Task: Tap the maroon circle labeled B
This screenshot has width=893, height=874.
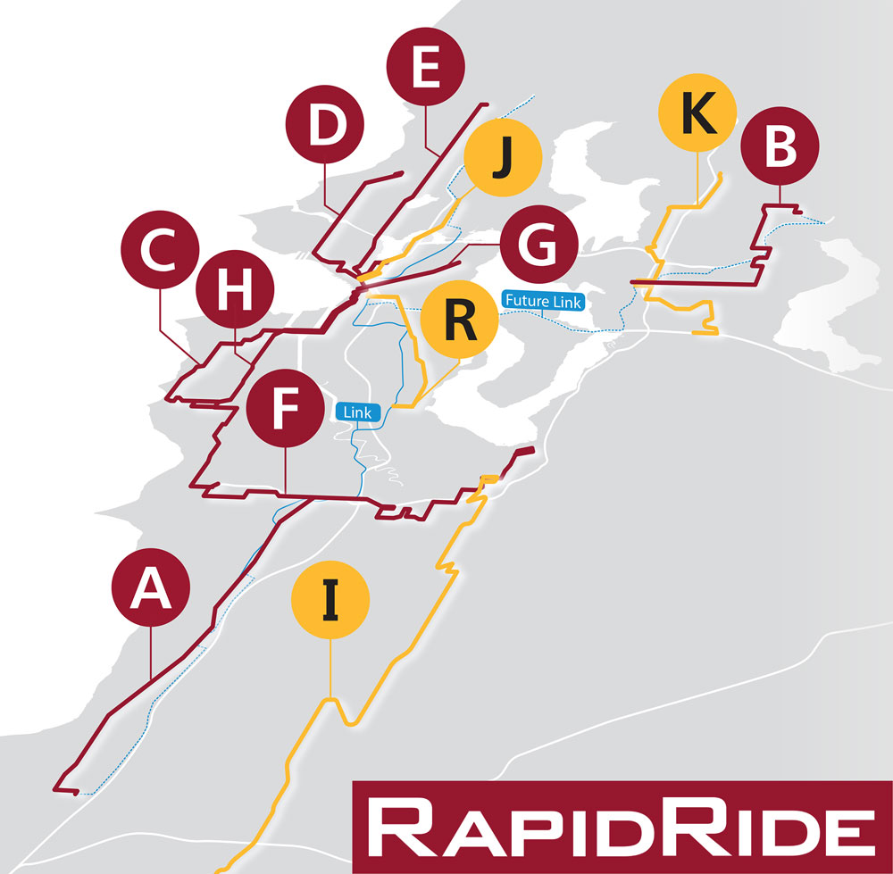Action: coord(780,148)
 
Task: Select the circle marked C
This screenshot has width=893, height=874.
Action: coord(162,252)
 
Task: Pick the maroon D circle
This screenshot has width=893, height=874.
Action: coord(326,129)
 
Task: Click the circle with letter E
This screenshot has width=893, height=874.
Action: coord(426,71)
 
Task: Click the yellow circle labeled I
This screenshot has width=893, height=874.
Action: coord(330,600)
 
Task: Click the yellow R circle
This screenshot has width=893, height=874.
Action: coord(459,321)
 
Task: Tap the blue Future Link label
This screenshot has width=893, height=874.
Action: coord(543,302)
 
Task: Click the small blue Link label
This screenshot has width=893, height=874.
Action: coord(358,412)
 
